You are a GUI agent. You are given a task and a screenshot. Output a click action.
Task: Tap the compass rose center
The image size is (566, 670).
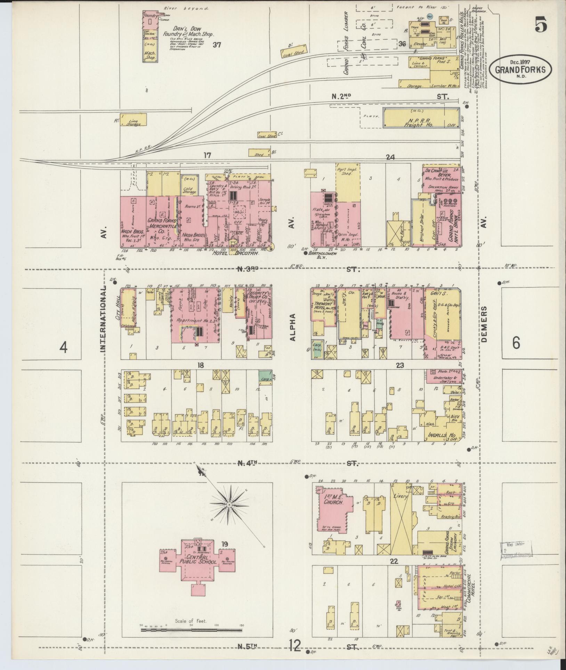229,504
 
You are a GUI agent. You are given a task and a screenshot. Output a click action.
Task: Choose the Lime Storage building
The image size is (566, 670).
133,120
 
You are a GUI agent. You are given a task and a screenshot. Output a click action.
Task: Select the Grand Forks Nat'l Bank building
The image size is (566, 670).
448,223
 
